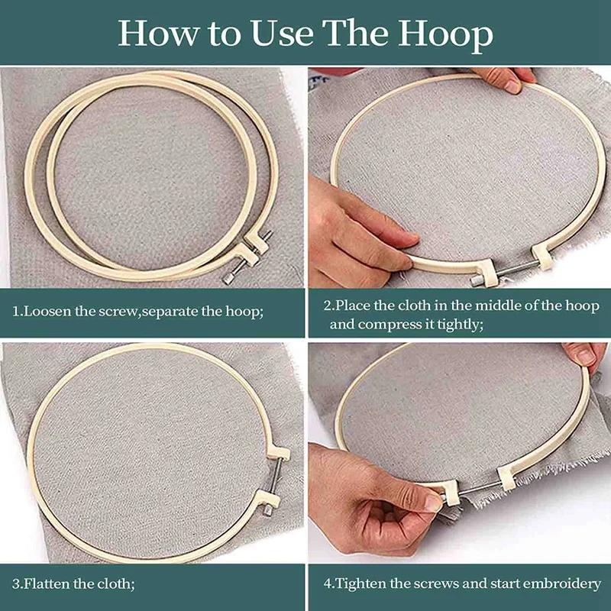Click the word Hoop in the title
tap(445, 35)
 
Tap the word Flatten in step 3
tap(47, 584)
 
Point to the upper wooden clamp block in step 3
tap(278, 453)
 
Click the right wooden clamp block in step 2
tap(544, 257)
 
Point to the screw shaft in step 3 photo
tap(275, 476)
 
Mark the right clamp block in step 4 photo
tap(506, 478)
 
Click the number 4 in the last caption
tap(327, 584)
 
